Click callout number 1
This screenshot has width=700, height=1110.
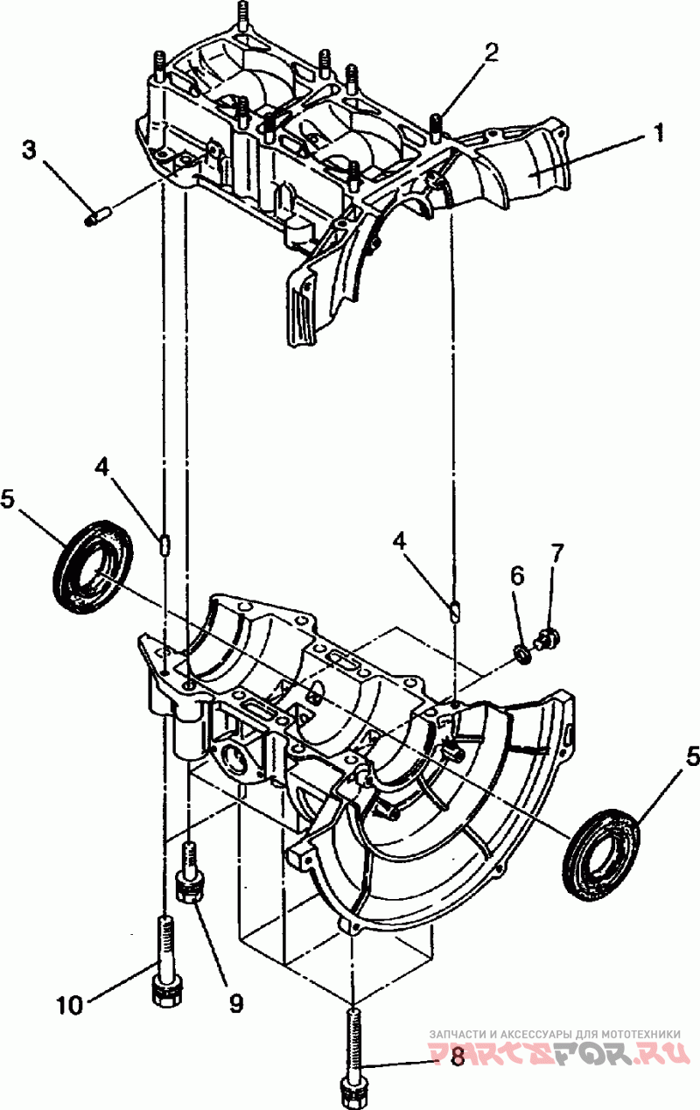[x=658, y=133]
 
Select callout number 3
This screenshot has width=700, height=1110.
[x=30, y=151]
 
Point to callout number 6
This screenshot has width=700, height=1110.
[x=517, y=576]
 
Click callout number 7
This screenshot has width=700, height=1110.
[x=556, y=553]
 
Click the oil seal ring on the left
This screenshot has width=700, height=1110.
[x=93, y=567]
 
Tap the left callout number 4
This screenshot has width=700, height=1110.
[x=101, y=467]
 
